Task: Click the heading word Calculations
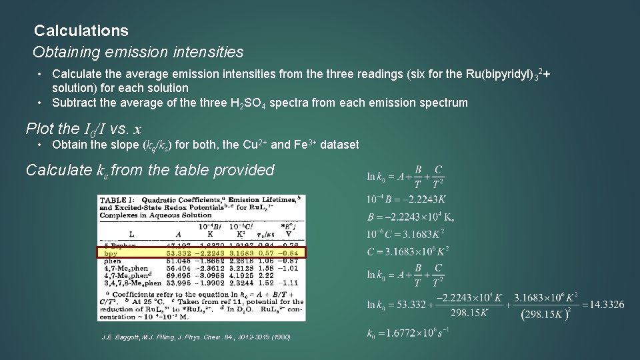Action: coord(81,31)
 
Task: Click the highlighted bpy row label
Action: coord(111,253)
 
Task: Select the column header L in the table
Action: coord(131,234)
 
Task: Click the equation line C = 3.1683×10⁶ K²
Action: coord(408,251)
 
